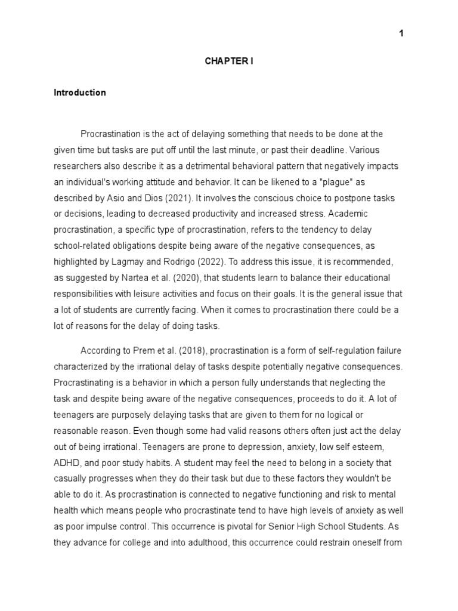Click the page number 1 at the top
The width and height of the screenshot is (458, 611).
(401, 33)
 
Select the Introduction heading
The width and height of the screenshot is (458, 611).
(80, 92)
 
